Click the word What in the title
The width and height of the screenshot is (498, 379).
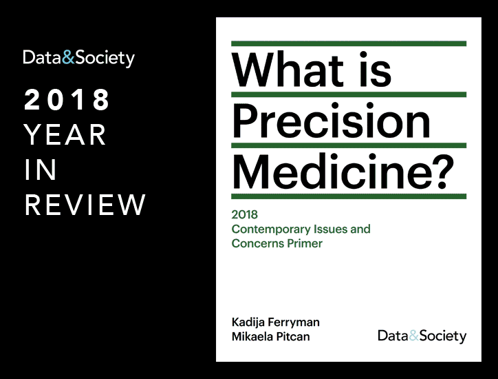tap(288, 69)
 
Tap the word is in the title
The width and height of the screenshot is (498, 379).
tap(376, 69)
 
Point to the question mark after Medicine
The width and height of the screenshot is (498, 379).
tap(442, 171)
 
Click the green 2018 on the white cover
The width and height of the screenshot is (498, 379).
tap(245, 215)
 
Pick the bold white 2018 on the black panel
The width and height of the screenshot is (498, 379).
tap(67, 100)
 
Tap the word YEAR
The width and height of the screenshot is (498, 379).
tap(65, 135)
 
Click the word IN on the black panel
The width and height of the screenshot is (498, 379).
tap(41, 170)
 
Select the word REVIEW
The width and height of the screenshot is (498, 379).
tap(85, 205)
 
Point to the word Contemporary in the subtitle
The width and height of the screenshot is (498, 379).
tap(271, 229)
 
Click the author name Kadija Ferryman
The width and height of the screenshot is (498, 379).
tap(276, 322)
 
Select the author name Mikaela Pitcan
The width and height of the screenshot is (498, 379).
tap(270, 337)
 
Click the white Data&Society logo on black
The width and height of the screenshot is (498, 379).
tap(79, 59)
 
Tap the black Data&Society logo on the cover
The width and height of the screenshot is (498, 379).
tap(422, 336)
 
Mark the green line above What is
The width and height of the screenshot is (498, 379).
tap(349, 43)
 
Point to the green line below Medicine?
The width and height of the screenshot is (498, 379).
tap(349, 196)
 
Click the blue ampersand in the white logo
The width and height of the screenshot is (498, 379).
tap(68, 58)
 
